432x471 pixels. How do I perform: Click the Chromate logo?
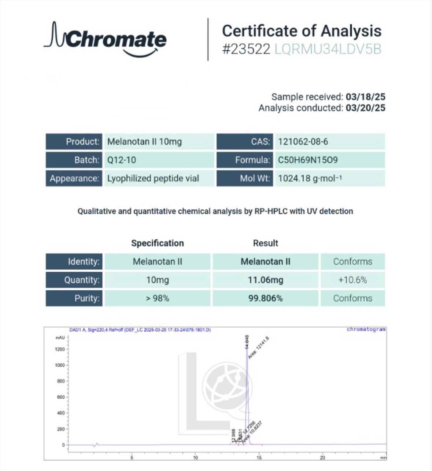click(x=106, y=40)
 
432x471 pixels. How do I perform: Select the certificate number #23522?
click(x=246, y=49)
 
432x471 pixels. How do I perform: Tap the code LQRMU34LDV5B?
click(x=328, y=49)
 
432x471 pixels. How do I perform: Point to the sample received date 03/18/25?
click(x=365, y=97)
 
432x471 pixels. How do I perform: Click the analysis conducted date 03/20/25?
click(x=365, y=108)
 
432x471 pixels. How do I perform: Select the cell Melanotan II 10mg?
click(x=144, y=142)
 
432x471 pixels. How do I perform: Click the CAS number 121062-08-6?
click(x=303, y=142)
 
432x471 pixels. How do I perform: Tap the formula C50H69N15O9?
click(x=308, y=160)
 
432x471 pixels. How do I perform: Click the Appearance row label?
click(x=74, y=178)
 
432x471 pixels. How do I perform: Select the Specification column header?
click(x=158, y=243)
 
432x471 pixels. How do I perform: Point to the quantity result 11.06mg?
click(x=266, y=280)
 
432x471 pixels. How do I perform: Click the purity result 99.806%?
click(x=266, y=298)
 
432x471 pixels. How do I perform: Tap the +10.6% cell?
click(x=352, y=280)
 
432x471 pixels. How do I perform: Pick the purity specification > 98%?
click(x=158, y=298)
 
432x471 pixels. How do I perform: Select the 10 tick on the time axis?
click(x=195, y=457)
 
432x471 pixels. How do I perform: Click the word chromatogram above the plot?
click(x=366, y=329)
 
